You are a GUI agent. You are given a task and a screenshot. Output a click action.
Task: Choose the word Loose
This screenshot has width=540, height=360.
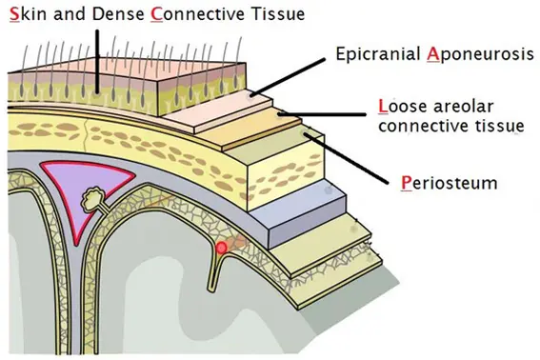click(400, 106)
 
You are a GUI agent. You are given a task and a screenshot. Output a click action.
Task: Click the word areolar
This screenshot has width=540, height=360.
click(466, 106)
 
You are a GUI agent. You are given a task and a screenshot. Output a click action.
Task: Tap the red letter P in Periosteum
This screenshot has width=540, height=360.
click(407, 181)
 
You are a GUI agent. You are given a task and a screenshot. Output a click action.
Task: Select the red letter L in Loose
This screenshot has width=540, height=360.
click(382, 106)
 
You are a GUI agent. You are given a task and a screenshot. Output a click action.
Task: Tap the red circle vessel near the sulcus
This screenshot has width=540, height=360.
click(222, 249)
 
